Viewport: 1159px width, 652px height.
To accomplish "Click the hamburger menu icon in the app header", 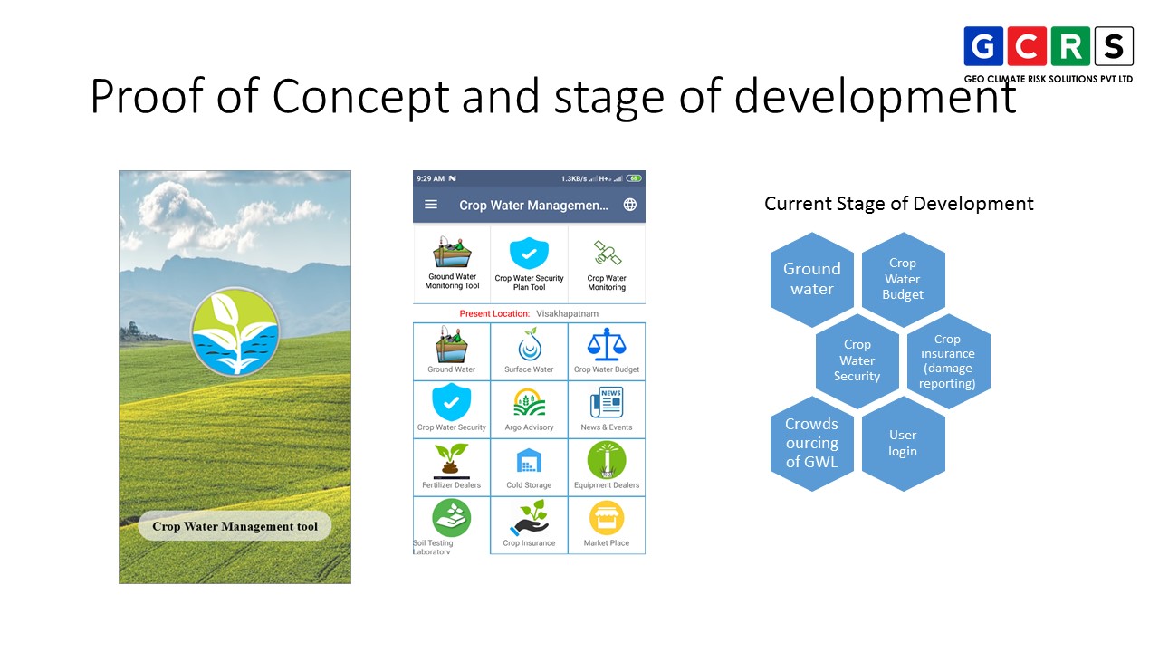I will point(431,205).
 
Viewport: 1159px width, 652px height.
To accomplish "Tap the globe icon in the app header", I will point(630,205).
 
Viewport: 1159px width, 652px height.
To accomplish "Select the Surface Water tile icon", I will point(529,345).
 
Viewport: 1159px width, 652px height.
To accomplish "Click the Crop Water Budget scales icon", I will point(607,345).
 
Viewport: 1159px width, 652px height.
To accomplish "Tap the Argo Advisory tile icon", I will point(529,403).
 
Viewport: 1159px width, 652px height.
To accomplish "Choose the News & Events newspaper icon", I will point(607,403).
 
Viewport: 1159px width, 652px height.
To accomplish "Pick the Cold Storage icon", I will point(529,461).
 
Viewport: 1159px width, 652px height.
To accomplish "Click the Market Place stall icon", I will point(607,519).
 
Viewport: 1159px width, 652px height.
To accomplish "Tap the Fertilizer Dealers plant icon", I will point(451,460).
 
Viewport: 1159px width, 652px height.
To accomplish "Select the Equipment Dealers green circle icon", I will point(607,460).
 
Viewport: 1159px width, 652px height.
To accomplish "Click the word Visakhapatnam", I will point(567,313).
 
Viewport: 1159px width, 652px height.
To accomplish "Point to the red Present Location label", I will point(494,313).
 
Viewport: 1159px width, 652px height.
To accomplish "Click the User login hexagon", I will point(903,444).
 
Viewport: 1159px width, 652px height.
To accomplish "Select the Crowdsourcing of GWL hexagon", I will point(812,444).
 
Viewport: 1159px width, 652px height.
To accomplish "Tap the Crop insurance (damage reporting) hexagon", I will point(948,361).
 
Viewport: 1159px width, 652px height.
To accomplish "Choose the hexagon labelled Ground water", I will point(812,279).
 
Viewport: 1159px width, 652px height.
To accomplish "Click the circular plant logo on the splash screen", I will point(235,331).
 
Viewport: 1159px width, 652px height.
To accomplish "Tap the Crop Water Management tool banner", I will point(235,526).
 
